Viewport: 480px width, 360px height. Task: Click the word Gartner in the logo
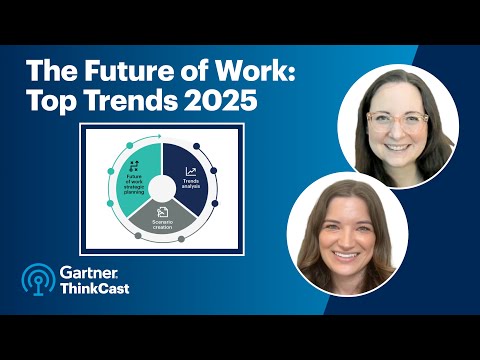[x=90, y=273]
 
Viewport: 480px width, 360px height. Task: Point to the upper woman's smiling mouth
[x=398, y=146]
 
